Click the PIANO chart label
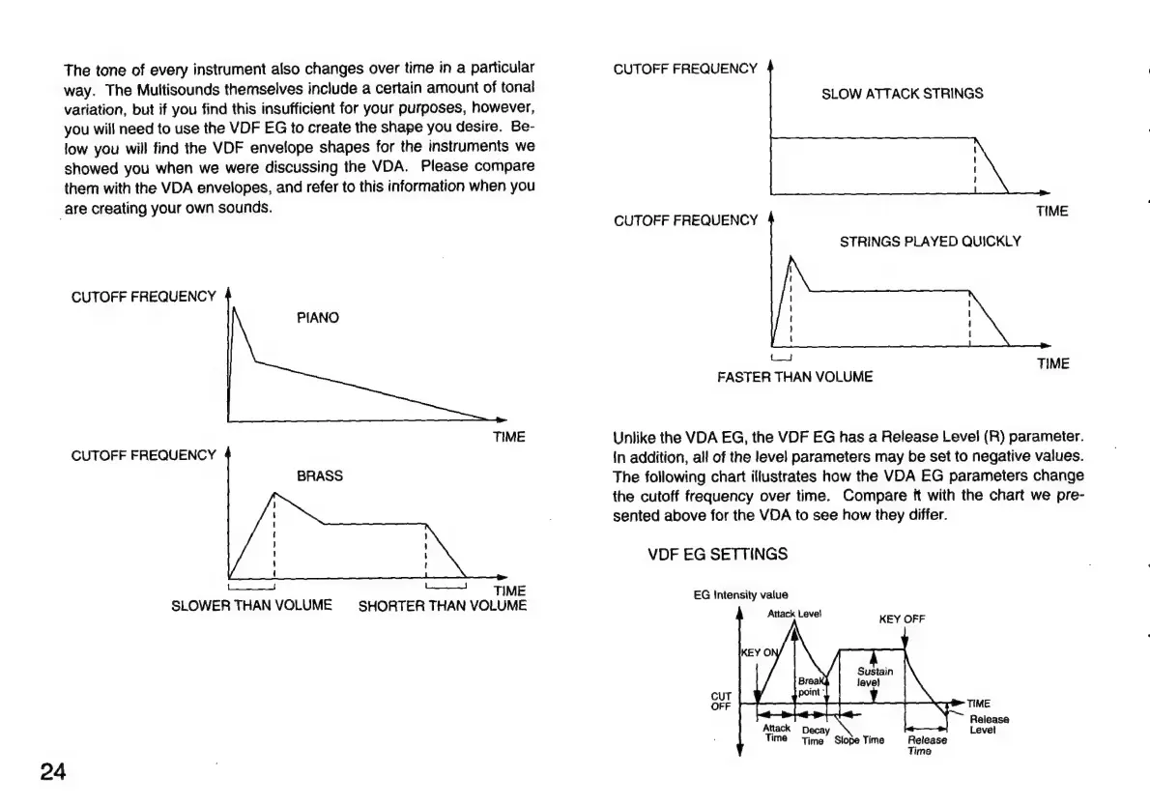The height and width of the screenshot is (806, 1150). coord(318,317)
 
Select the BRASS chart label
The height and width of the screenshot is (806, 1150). coord(320,476)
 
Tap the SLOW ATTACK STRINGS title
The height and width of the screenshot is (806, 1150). coord(902,94)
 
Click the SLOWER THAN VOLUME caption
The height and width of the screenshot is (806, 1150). coord(251,606)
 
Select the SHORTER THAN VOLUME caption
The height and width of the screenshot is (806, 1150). coord(443,606)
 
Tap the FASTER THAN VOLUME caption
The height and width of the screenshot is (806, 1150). coord(794,377)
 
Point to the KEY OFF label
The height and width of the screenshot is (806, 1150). coord(902,619)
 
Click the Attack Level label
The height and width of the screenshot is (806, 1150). coord(794,613)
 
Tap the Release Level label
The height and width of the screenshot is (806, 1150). coord(989,724)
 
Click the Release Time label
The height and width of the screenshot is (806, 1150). coord(926,745)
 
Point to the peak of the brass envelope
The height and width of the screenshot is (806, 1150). coord(275,493)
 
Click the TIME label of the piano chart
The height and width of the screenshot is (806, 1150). coord(509,437)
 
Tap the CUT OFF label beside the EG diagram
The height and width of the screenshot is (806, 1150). coord(721,700)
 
